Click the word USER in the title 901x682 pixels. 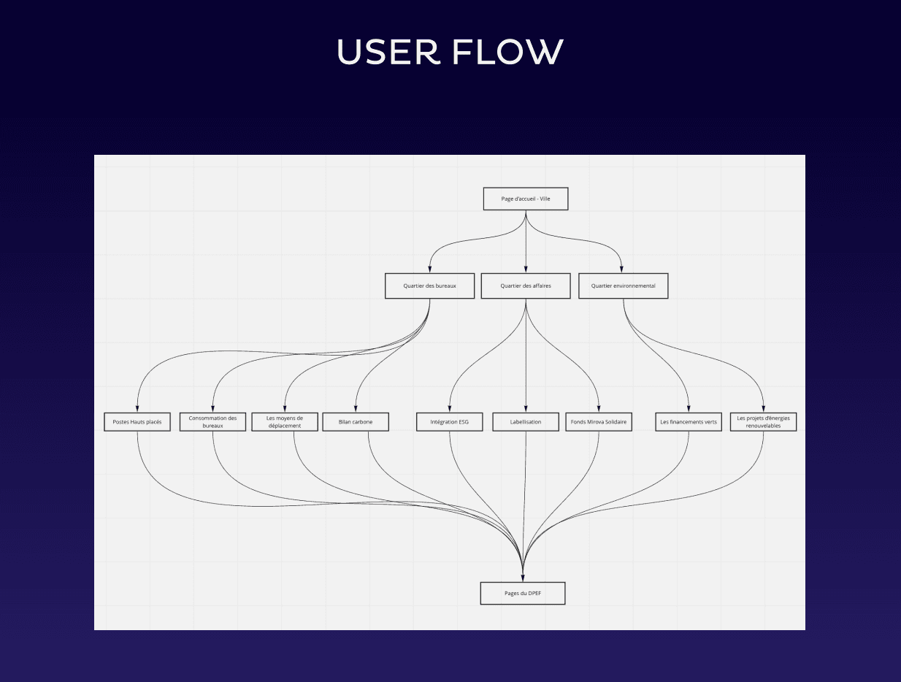coord(388,52)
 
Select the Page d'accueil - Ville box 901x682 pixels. coord(526,199)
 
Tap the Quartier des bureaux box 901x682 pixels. coord(429,286)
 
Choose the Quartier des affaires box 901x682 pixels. coord(526,286)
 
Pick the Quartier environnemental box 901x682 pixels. coord(623,286)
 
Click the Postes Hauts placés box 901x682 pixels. coord(137,422)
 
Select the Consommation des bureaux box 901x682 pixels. coord(212,422)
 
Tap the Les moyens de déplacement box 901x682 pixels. coord(285,422)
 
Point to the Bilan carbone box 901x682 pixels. coord(356,422)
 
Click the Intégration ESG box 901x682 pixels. coord(450,422)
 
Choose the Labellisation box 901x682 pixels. coord(526,422)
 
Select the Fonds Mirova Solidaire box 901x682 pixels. coord(599,422)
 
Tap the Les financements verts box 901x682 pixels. coord(689,422)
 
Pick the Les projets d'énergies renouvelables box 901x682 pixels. coord(763,422)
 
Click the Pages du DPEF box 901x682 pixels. coord(523,593)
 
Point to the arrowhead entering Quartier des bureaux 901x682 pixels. coord(429,269)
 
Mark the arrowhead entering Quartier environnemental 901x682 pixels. coord(622,269)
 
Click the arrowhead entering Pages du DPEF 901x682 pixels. coord(524,577)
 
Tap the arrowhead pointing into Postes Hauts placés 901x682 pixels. coord(137,408)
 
